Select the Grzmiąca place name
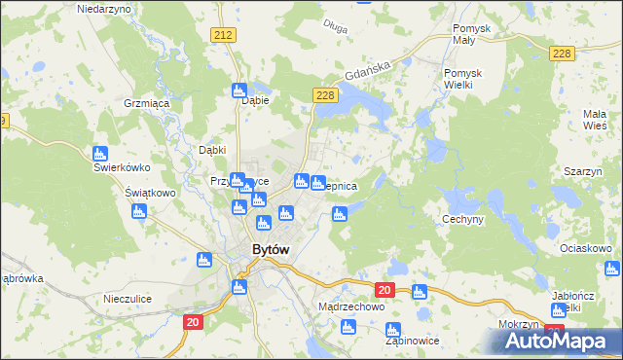click(x=147, y=101)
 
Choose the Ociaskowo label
click(x=586, y=249)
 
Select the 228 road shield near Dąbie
click(x=325, y=94)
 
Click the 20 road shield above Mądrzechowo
click(x=384, y=290)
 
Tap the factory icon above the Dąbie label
click(x=240, y=90)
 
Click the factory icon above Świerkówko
click(x=99, y=154)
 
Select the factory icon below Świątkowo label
click(x=137, y=211)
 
